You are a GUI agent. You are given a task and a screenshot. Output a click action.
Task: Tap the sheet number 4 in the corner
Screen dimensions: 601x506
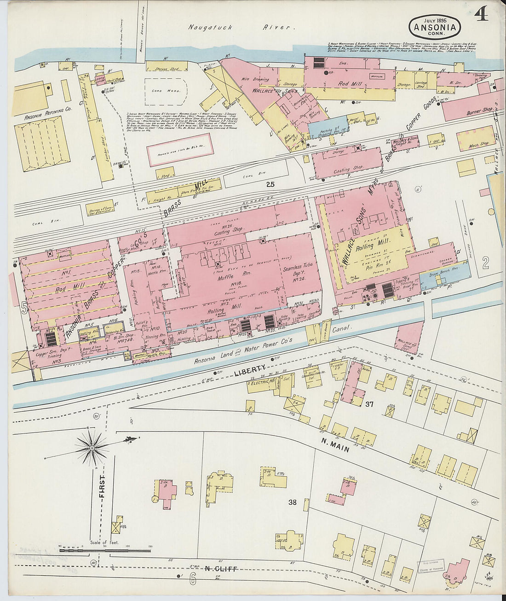(x=482, y=16)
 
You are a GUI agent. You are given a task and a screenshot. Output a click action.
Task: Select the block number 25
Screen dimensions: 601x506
(x=270, y=184)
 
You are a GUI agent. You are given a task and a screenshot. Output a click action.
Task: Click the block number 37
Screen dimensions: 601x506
(x=368, y=404)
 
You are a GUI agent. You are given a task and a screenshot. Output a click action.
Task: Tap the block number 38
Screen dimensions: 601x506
(x=293, y=502)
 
